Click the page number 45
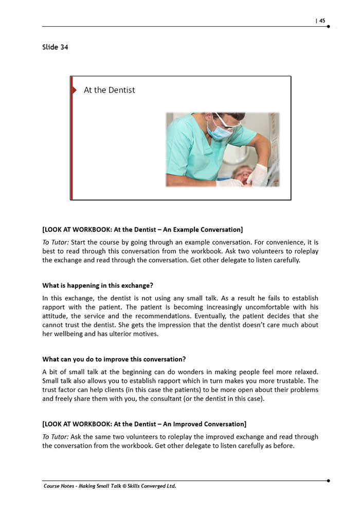tap(322, 21)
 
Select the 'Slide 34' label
tap(55, 47)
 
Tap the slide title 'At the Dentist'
tap(109, 90)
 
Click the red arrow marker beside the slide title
tap(74, 90)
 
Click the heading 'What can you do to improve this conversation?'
tap(114, 359)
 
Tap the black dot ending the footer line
tap(328, 480)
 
